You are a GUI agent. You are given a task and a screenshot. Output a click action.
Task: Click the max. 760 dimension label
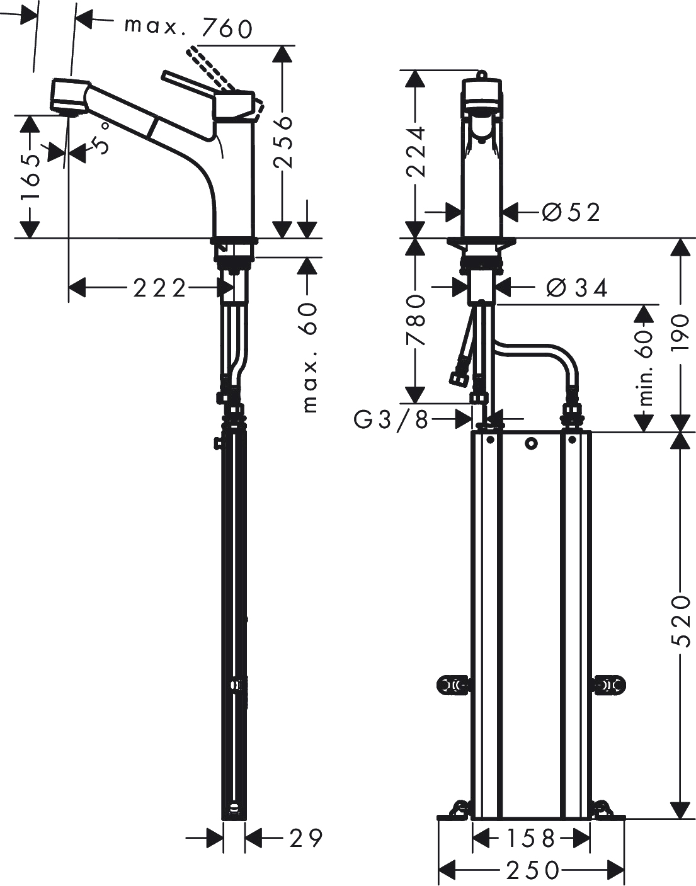click(x=189, y=28)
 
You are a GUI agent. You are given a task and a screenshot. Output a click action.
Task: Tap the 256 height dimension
click(x=283, y=142)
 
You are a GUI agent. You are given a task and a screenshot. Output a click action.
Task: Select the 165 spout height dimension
click(x=31, y=176)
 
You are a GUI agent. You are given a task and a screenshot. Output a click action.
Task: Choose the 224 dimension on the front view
click(x=416, y=152)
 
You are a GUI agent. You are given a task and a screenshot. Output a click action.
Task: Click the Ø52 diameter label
click(x=571, y=212)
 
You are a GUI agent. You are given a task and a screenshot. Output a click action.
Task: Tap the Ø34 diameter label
click(x=576, y=288)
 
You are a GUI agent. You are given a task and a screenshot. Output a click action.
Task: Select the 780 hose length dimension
click(x=416, y=320)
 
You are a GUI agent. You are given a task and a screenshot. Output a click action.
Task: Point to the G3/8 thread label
click(x=391, y=421)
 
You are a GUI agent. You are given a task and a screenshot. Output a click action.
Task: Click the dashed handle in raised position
click(x=210, y=69)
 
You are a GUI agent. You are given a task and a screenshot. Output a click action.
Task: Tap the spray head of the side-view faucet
click(x=68, y=96)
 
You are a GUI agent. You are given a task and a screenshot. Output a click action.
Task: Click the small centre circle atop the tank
click(x=531, y=443)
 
